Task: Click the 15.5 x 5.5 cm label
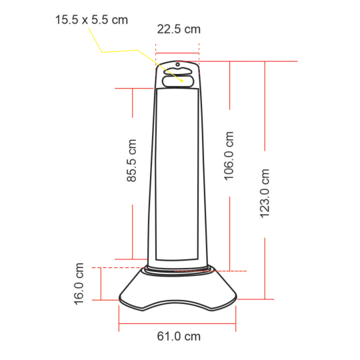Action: (91, 20)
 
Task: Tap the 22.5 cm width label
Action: (179, 29)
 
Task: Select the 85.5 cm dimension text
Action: (132, 161)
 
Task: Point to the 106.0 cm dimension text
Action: (229, 156)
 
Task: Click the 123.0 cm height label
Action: (265, 193)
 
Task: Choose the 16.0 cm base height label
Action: (79, 284)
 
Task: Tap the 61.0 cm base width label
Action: (179, 337)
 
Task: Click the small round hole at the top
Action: (178, 65)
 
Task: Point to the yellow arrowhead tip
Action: (183, 81)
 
